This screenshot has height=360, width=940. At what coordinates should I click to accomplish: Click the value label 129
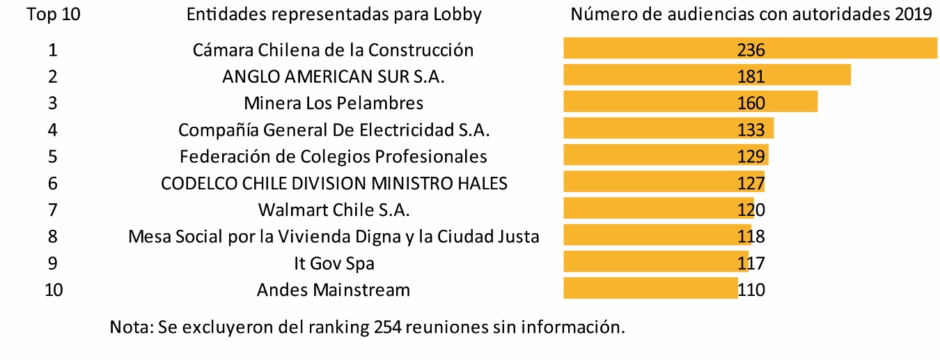pos(751,156)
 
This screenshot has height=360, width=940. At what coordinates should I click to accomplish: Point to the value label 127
pos(751,183)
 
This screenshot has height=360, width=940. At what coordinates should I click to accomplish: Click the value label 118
pos(751,236)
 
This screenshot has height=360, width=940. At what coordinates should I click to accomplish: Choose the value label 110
pos(751,289)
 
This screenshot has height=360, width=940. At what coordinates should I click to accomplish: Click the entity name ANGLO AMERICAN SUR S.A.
pos(333,77)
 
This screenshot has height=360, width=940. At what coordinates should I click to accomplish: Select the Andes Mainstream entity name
pos(333,289)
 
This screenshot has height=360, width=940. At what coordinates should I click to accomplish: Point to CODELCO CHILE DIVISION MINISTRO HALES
pos(334,183)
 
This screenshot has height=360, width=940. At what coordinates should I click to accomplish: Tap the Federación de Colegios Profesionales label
pos(333,156)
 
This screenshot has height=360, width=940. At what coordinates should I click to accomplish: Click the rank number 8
pos(53,236)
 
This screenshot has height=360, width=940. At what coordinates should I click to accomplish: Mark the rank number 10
pos(53,289)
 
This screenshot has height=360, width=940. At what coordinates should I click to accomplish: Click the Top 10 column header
pos(53,15)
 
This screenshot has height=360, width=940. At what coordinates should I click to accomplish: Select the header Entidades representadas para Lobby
pos(334,15)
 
